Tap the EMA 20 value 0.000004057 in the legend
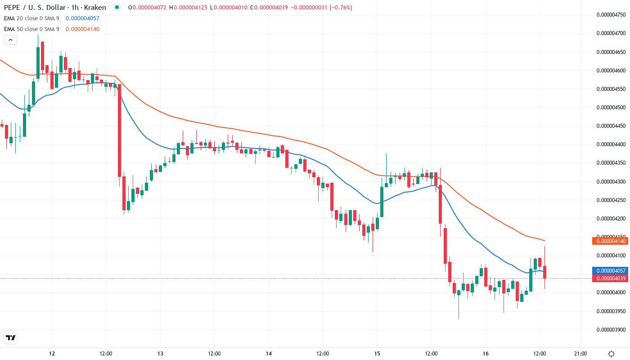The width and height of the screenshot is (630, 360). [x=82, y=18]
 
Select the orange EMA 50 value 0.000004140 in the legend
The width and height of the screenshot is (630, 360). [x=82, y=29]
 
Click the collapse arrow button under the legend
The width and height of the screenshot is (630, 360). [x=10, y=40]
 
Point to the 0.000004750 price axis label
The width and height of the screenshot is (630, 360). [x=611, y=14]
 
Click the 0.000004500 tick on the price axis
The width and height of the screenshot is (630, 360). [x=611, y=107]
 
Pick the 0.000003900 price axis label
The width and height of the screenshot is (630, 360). [x=611, y=329]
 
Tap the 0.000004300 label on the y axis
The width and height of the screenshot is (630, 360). [x=611, y=181]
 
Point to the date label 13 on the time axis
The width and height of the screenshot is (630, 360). [x=160, y=354]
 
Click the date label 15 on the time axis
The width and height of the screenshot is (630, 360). [x=377, y=354]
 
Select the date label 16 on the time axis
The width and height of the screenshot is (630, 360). [x=486, y=354]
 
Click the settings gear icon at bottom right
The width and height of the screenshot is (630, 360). [x=611, y=354]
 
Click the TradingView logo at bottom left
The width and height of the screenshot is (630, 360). [x=10, y=337]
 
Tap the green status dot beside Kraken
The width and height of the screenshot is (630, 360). [x=117, y=7]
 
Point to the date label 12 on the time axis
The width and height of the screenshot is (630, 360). [x=52, y=354]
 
